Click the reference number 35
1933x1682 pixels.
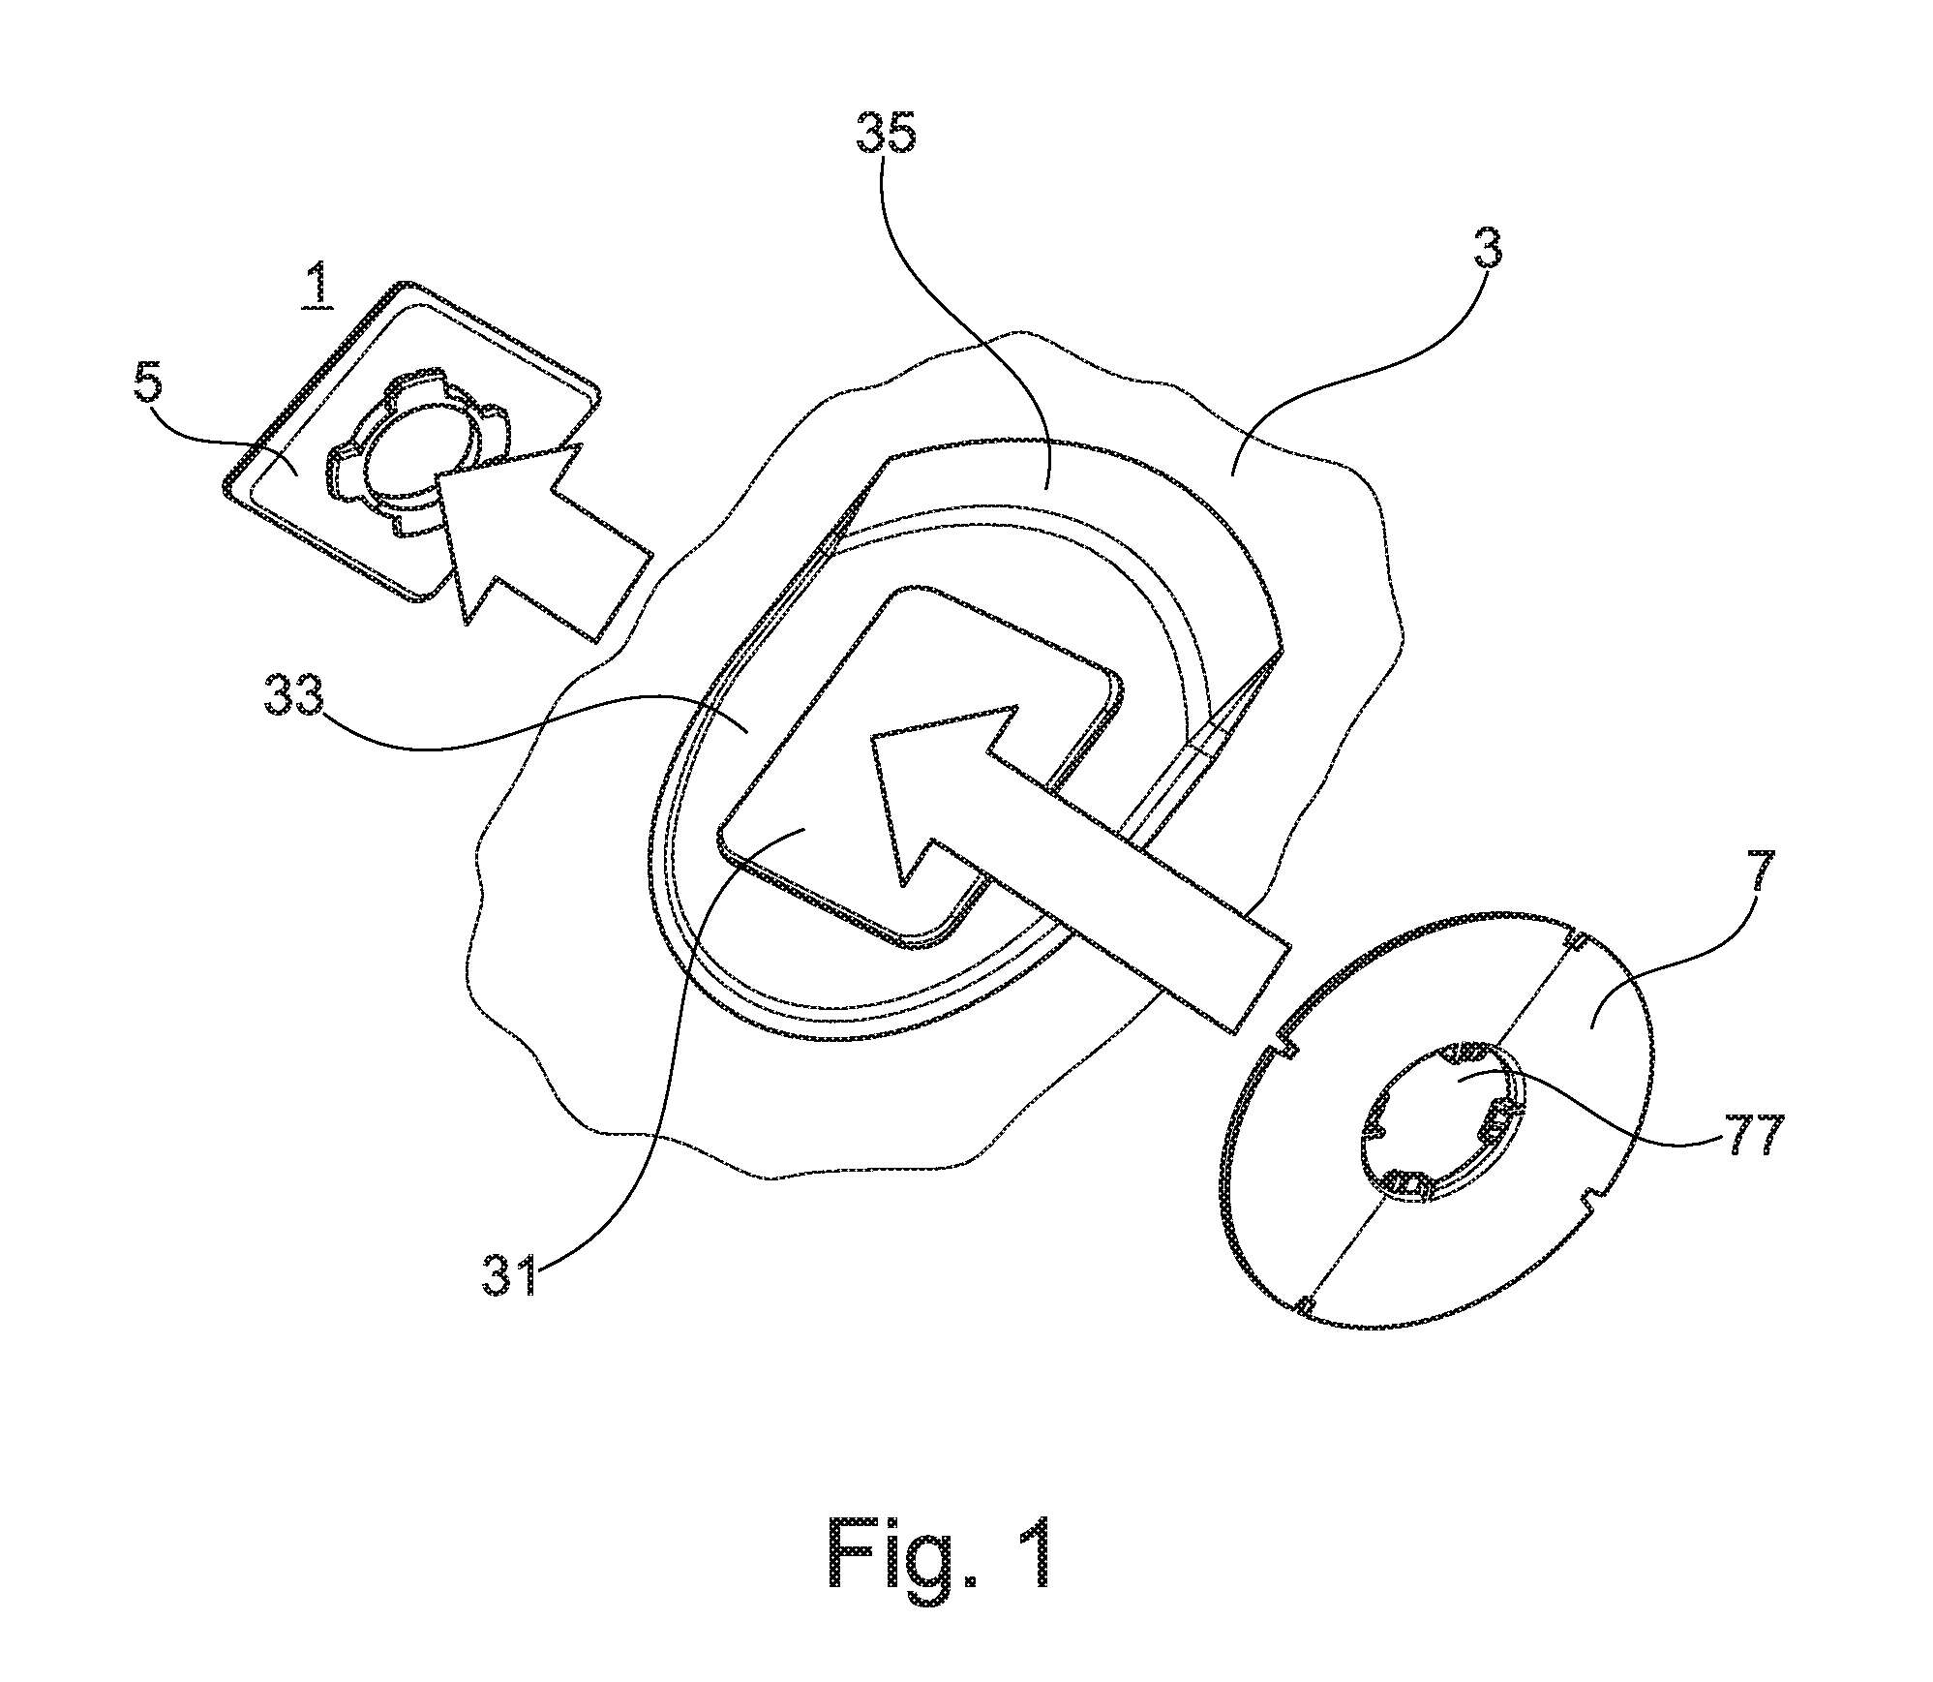(886, 132)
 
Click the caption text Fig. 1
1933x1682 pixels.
(940, 1554)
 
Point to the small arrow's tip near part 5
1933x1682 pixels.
(437, 476)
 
